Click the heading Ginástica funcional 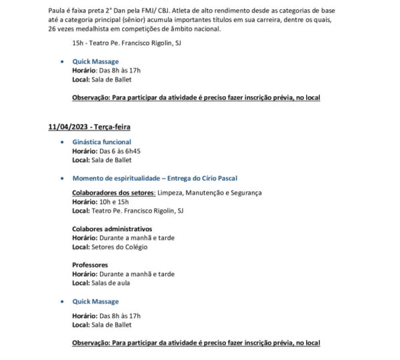tap(101, 142)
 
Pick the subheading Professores tap(90, 265)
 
